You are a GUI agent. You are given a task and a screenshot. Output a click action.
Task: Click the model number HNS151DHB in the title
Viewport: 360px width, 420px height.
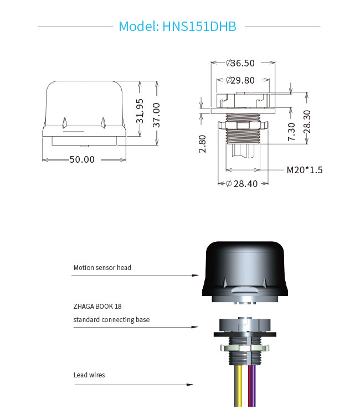pos(199,27)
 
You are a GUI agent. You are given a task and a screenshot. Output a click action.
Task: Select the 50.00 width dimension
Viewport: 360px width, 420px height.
pos(82,159)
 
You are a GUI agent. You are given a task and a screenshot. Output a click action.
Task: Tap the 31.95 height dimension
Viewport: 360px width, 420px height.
pos(140,111)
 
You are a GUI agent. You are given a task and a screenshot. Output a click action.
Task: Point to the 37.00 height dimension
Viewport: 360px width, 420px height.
pos(156,115)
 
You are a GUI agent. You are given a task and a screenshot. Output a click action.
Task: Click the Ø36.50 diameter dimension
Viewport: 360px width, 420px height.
pos(240,63)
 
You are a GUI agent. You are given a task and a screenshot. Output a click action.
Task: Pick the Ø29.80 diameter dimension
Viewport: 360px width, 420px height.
pos(240,80)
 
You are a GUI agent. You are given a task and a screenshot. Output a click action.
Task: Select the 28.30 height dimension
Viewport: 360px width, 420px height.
pos(307,122)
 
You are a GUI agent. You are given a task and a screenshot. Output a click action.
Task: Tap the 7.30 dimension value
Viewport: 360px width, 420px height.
pos(291,132)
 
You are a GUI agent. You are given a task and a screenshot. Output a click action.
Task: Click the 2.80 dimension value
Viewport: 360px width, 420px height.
pos(202,144)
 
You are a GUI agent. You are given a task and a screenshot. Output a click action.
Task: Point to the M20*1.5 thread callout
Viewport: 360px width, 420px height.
pos(305,170)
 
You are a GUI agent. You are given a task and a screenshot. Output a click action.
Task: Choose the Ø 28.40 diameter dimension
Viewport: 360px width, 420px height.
pos(242,184)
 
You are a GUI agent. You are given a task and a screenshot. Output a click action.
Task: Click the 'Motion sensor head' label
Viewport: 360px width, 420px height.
pos(102,268)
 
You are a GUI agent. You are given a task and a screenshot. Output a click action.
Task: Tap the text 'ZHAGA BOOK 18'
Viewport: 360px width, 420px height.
pos(97,306)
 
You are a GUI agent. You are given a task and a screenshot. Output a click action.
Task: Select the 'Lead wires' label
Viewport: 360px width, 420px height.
pos(89,375)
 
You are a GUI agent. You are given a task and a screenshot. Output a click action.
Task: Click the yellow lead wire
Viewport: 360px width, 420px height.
pos(239,386)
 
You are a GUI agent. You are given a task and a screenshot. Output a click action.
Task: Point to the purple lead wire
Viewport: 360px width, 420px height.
pos(254,386)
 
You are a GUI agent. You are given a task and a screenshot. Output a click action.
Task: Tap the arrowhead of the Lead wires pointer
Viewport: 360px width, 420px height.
pos(190,385)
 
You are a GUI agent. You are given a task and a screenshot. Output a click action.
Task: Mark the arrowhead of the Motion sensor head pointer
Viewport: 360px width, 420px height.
pos(196,276)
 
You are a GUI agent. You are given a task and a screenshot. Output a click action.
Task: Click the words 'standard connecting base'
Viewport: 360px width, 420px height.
pos(111,319)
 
